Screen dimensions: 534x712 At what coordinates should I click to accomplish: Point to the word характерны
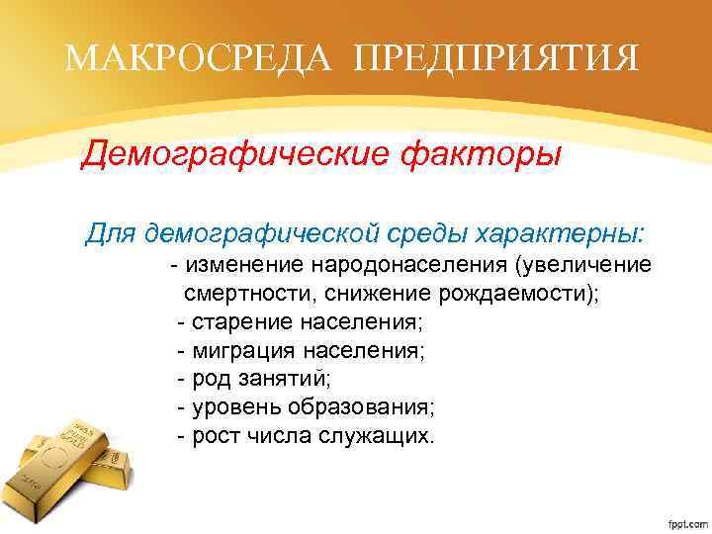pos(560,233)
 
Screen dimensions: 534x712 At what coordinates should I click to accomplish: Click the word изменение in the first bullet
pos(244,266)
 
